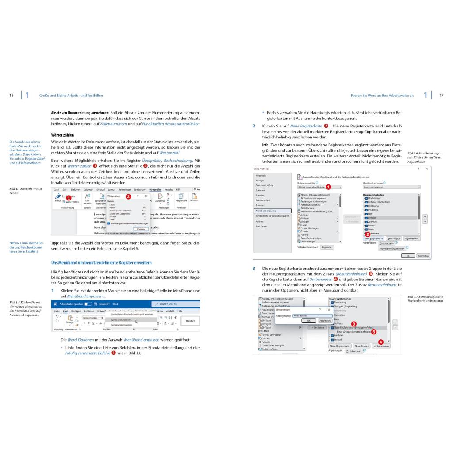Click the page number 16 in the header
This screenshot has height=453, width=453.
point(12,95)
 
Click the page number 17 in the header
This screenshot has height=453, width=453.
point(441,95)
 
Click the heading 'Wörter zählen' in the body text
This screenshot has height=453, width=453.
point(62,134)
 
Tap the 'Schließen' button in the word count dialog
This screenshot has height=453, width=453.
point(140,229)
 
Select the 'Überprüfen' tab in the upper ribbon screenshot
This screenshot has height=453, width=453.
point(155,189)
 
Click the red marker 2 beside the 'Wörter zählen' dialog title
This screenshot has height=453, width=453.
point(128,196)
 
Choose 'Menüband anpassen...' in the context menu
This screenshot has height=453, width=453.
point(122,319)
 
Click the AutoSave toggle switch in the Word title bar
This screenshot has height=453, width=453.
point(88,304)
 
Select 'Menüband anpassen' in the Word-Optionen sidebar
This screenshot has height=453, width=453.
point(266,211)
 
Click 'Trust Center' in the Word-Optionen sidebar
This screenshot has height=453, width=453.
point(261,226)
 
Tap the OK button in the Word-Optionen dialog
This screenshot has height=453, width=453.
point(407,256)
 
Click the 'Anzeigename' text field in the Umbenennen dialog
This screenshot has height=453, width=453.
point(309,315)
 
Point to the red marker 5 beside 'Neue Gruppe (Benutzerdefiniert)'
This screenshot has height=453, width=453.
point(374,331)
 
